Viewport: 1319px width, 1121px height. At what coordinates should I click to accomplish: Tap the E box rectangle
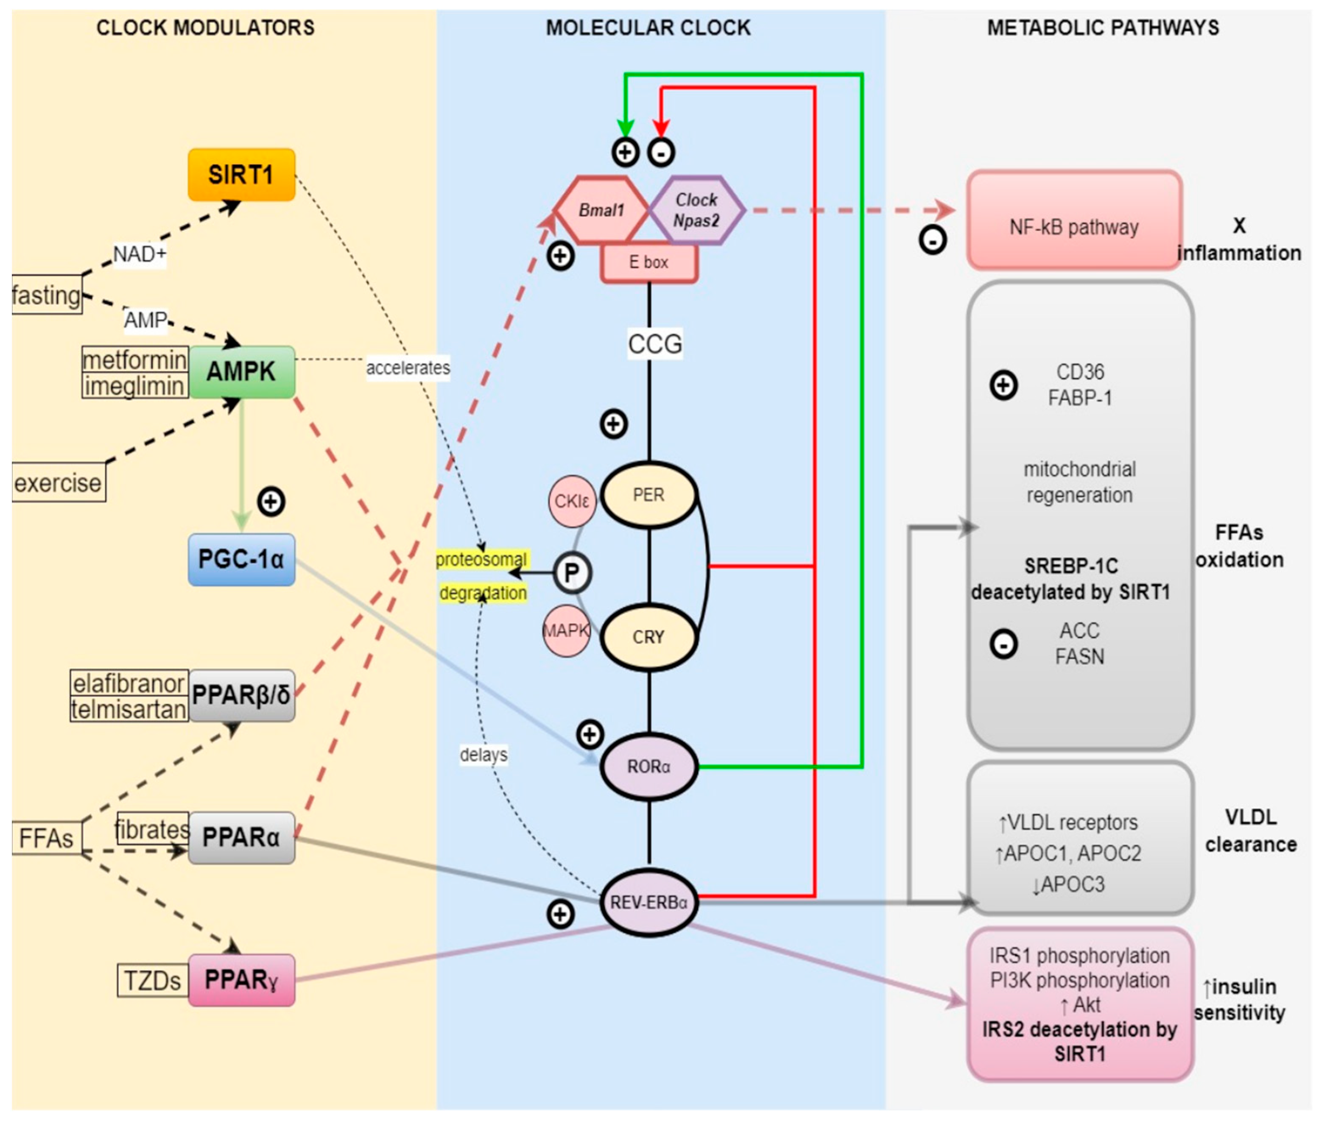648,262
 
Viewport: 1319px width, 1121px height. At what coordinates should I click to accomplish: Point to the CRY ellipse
648,637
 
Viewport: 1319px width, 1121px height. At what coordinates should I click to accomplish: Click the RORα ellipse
648,767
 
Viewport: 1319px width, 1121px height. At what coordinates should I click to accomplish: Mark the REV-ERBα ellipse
648,902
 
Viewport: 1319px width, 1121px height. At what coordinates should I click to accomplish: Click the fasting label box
46,295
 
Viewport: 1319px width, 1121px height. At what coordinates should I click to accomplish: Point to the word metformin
135,360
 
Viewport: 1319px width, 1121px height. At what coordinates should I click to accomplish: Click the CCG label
655,344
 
